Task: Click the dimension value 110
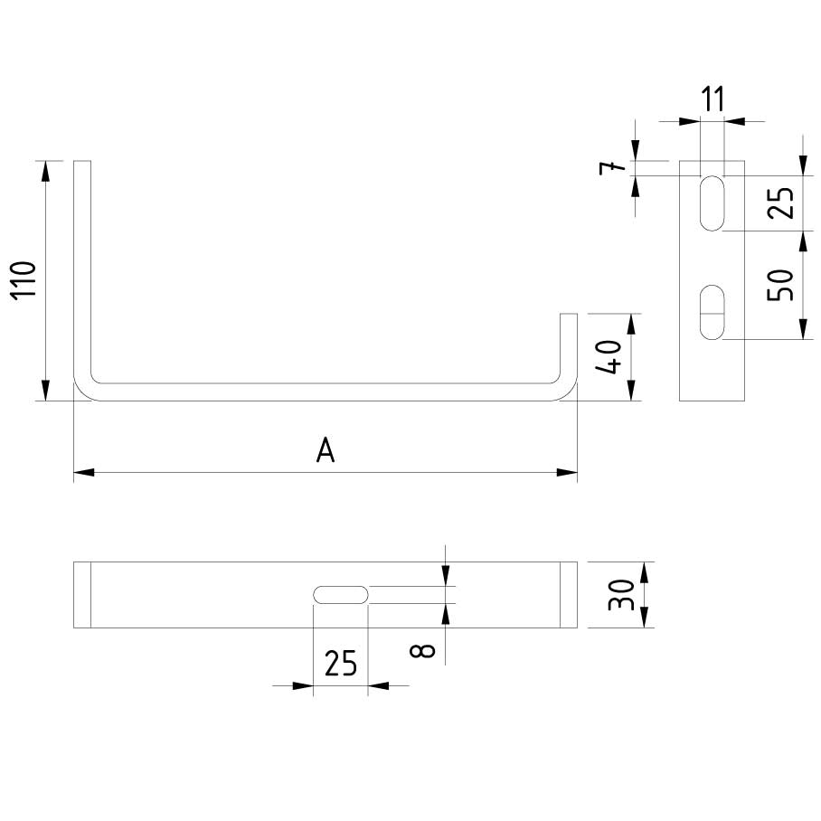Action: (x=24, y=279)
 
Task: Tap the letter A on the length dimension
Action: (x=326, y=450)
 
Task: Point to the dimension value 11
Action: (x=713, y=99)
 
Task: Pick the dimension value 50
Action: (x=783, y=285)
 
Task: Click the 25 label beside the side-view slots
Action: (x=783, y=203)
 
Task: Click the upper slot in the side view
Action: (x=712, y=203)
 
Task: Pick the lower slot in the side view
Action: (x=712, y=313)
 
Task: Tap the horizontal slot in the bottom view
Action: (x=340, y=594)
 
